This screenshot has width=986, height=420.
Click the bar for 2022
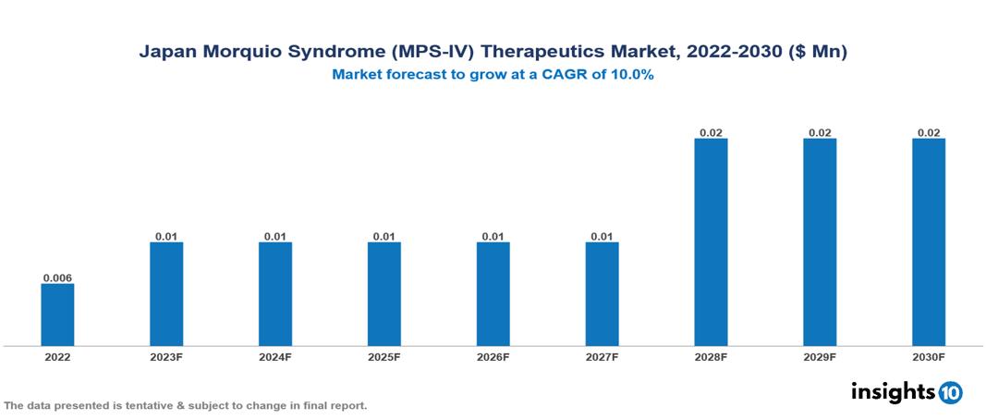(57, 315)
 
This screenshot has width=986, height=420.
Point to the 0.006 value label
(57, 278)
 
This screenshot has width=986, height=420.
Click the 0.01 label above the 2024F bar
(275, 237)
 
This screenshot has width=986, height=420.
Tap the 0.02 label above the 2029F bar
(820, 133)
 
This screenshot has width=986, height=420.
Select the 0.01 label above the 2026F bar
(493, 237)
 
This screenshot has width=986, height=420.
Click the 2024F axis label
(275, 357)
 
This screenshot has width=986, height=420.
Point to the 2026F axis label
(493, 357)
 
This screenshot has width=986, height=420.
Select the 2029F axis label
(820, 357)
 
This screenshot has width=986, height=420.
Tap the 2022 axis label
(57, 357)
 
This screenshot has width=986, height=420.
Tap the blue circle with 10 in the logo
(951, 393)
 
